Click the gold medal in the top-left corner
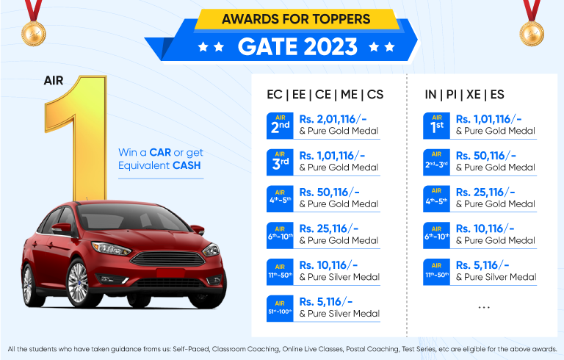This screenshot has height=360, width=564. click(34, 34)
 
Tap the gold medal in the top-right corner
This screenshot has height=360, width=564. click(532, 34)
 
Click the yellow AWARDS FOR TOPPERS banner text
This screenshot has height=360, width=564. click(296, 18)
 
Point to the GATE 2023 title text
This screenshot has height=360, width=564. click(297, 47)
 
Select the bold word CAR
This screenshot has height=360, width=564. click(160, 152)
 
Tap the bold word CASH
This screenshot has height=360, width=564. click(187, 165)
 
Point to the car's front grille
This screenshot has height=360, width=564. click(168, 259)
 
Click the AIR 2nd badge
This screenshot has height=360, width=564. click(280, 126)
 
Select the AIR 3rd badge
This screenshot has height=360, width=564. click(280, 162)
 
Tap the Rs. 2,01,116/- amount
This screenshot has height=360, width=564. click(333, 119)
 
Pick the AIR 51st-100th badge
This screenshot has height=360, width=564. click(280, 309)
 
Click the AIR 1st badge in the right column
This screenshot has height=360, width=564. click(436, 126)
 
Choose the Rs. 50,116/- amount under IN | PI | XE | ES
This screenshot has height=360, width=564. click(486, 156)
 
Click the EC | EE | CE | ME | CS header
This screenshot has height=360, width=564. click(325, 95)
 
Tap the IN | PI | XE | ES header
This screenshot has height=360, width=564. click(464, 95)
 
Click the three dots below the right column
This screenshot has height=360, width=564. click(484, 307)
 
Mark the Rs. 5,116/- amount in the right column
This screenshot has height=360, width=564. click(482, 265)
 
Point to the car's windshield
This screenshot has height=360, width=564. click(131, 217)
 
